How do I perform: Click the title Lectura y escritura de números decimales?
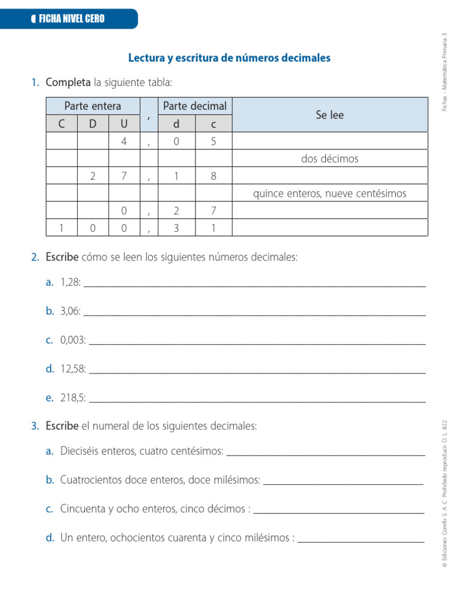[229, 58]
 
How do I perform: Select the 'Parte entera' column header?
[93, 106]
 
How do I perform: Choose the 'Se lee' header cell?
[330, 115]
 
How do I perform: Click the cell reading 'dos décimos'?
[330, 158]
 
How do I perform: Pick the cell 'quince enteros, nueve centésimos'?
[330, 193]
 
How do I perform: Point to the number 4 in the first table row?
[124, 141]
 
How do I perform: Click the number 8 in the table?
[213, 176]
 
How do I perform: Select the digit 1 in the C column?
[62, 228]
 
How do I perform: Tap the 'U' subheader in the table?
[124, 124]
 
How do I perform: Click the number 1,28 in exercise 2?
[71, 282]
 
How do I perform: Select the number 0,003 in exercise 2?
[73, 340]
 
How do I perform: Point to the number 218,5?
[73, 397]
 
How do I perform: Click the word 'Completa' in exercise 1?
[68, 82]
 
